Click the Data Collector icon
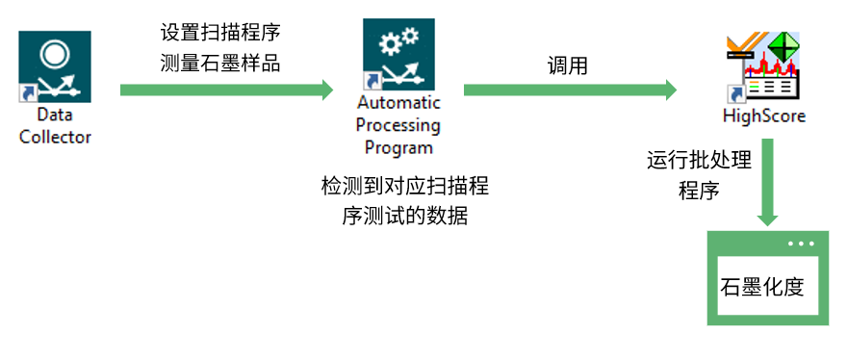[55, 66]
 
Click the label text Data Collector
[55, 126]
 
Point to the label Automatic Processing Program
[398, 125]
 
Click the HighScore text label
[763, 116]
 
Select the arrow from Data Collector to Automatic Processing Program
[226, 90]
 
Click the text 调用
[567, 65]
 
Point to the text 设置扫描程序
[221, 32]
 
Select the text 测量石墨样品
[221, 64]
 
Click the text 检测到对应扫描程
[405, 185]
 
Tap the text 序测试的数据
[405, 217]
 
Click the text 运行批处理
[698, 159]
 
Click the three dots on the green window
[800, 244]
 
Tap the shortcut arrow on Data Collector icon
[28, 92]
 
